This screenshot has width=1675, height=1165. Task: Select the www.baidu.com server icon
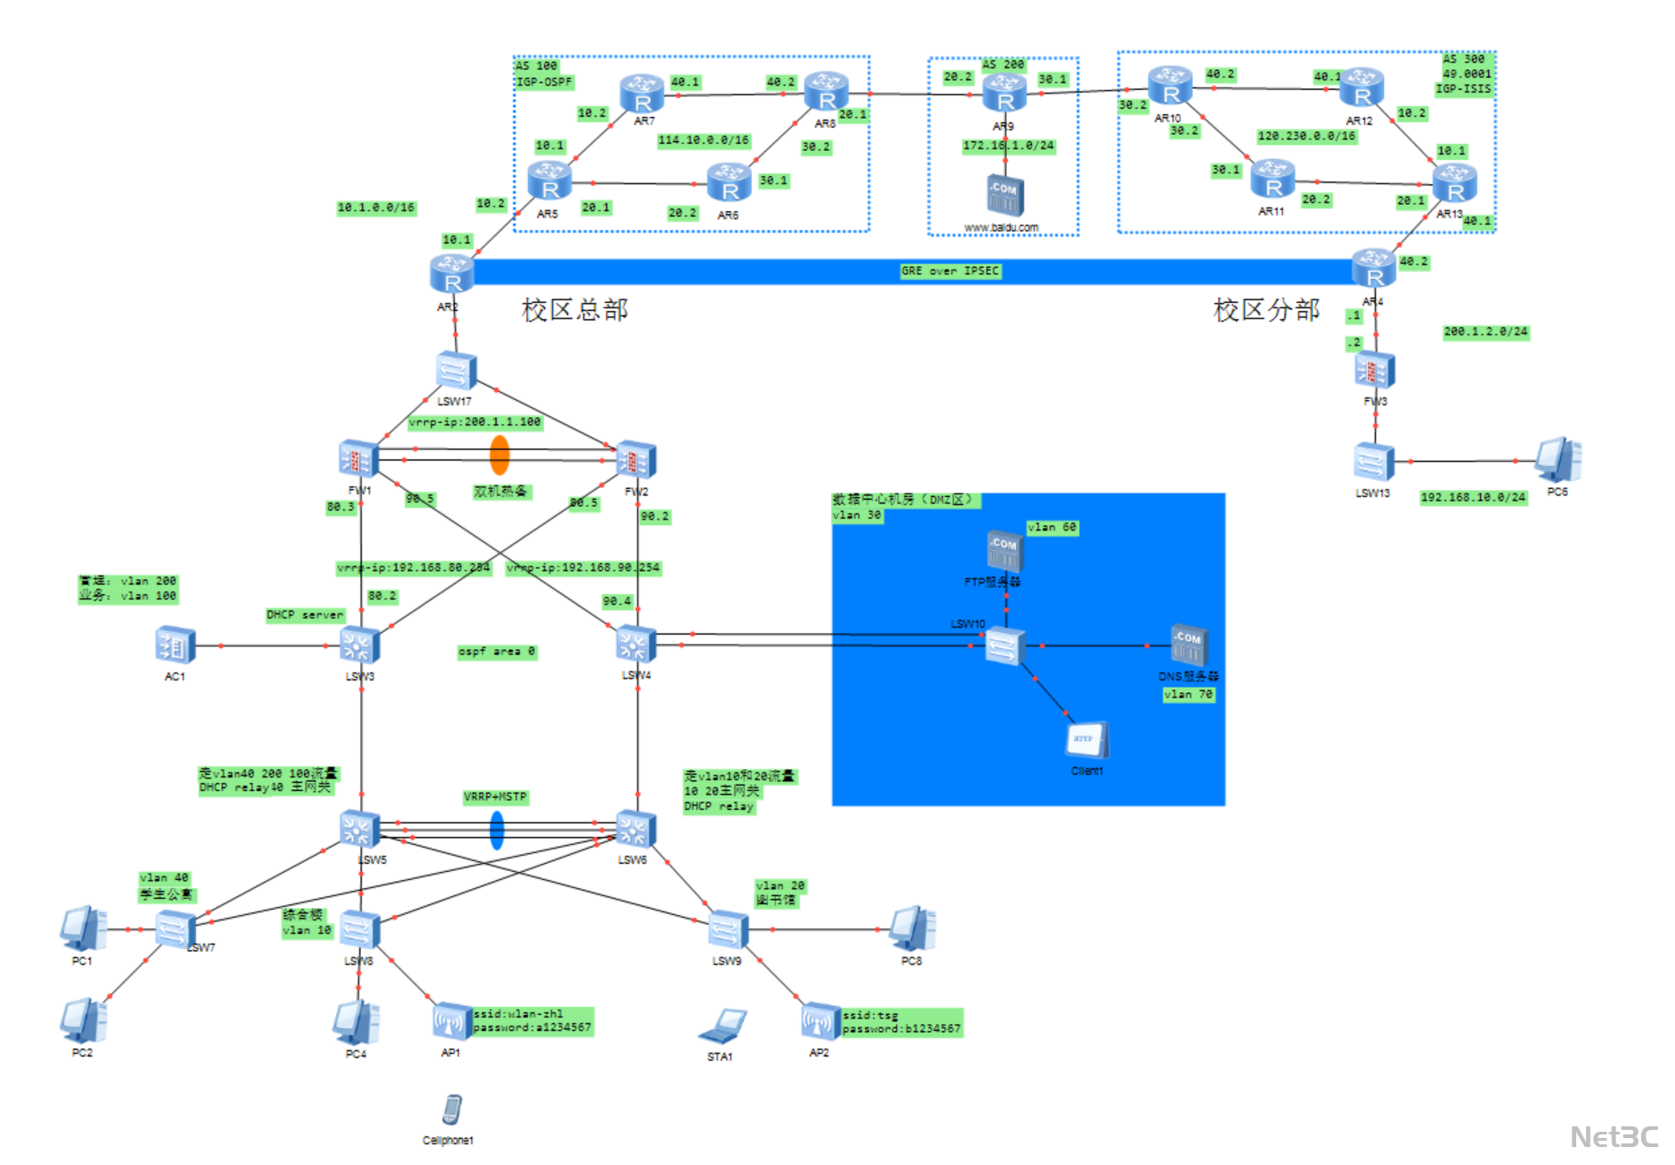point(1004,195)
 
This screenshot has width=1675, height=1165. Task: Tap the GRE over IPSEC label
point(949,271)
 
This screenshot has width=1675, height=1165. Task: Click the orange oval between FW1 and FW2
point(499,455)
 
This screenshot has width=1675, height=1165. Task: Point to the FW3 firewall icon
point(1374,370)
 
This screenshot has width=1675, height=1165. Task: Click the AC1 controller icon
point(175,645)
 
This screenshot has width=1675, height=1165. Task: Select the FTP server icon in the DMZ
point(1004,549)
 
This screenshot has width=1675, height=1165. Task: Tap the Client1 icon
point(1087,741)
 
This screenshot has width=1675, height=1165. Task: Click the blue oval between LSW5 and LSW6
point(496,831)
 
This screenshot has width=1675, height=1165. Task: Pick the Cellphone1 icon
point(452,1110)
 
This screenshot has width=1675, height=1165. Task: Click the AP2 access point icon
point(819,1021)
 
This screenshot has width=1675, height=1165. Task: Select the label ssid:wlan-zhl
point(518,1014)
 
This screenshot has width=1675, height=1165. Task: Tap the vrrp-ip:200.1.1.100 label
point(475,422)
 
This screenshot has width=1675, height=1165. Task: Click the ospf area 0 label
point(496,651)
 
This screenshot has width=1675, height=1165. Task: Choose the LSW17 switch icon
point(455,370)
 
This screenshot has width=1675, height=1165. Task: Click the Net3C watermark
point(1614,1137)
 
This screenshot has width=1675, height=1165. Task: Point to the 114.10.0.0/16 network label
point(703,140)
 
